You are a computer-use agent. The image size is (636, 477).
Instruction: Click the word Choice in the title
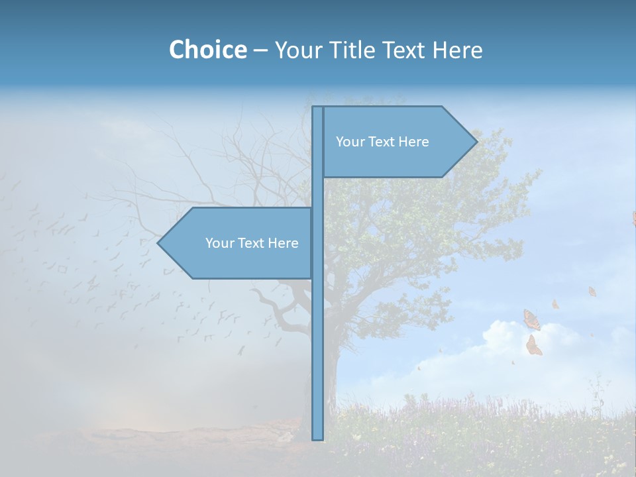pos(207,50)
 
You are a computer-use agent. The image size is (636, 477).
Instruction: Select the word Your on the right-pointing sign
pos(349,142)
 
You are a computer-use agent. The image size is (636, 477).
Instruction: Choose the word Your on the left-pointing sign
pos(219,243)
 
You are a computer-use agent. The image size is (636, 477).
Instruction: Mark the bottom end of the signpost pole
pos(318,437)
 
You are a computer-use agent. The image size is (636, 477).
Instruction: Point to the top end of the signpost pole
pos(318,109)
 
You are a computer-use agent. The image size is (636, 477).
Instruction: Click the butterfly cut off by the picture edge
pos(633,219)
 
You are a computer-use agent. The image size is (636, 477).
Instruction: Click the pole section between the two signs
pos(318,192)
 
